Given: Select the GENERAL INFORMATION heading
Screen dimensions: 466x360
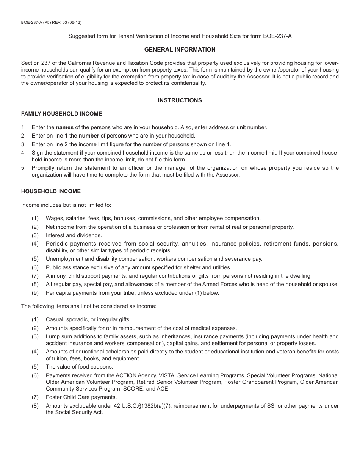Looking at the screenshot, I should tap(180, 50).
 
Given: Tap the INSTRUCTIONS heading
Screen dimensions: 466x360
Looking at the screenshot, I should tap(180, 100).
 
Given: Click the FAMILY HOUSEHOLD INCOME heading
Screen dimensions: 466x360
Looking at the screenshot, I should tap(61, 114).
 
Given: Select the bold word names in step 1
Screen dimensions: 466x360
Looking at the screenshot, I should tap(64, 128).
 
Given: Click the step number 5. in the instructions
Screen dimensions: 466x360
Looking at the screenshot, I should tap(23, 168).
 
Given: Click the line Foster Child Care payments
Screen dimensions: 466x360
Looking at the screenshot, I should tap(81, 397).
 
